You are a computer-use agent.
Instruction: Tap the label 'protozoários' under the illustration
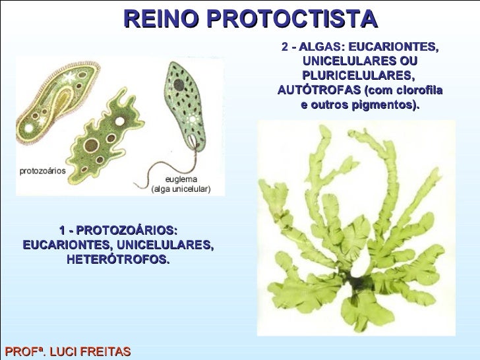[42, 170]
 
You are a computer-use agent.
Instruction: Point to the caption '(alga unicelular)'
[181, 189]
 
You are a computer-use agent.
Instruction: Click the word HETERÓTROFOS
[118, 260]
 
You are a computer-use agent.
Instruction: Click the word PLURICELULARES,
[359, 76]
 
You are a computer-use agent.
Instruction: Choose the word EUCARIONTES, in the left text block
[65, 245]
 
